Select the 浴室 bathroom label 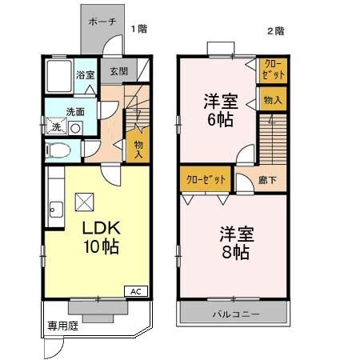click(85, 75)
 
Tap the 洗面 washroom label click(75, 111)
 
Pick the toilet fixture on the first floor click(59, 150)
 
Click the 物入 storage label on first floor click(138, 148)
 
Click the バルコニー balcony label click(235, 314)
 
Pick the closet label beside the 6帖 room click(272, 69)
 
